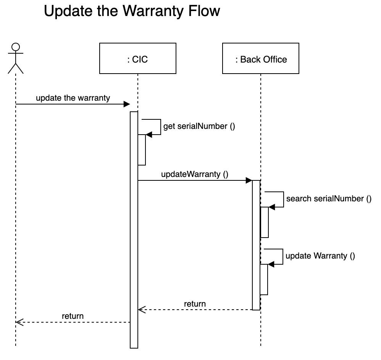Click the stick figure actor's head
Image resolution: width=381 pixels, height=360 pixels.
click(x=16, y=47)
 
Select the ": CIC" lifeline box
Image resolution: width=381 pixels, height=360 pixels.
click(x=138, y=58)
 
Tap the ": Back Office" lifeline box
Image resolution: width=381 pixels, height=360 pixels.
click(x=261, y=58)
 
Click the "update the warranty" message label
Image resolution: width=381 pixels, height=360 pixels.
click(x=73, y=98)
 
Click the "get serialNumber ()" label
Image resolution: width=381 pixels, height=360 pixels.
click(x=199, y=126)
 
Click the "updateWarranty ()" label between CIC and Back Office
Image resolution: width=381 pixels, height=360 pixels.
click(x=195, y=174)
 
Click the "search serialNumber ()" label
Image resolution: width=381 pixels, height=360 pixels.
click(x=329, y=199)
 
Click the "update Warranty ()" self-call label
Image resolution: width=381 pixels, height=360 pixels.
click(x=320, y=256)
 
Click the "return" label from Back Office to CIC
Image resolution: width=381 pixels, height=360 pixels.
click(x=195, y=304)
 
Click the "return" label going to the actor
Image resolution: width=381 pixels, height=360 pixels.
click(x=73, y=316)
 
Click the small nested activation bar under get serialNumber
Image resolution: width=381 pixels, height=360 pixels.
click(x=142, y=150)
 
